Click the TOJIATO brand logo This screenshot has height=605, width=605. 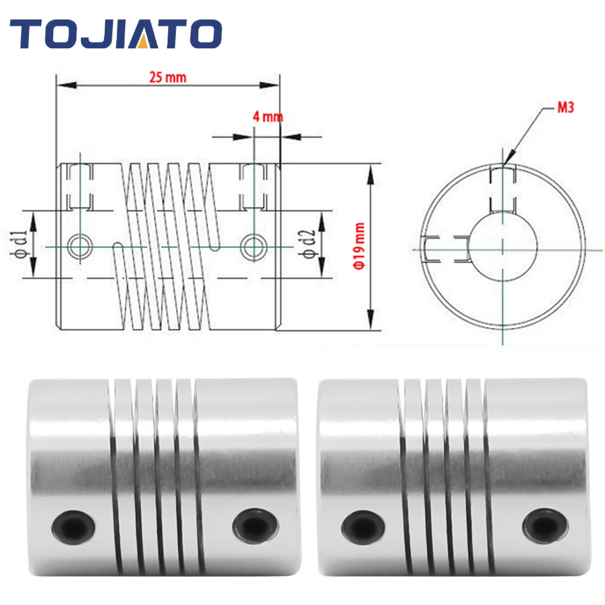click(x=116, y=33)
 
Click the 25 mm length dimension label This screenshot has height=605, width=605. click(x=168, y=77)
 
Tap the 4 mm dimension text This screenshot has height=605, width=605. click(x=268, y=117)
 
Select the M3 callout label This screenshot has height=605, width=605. click(x=566, y=107)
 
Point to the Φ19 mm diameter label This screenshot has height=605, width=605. click(x=359, y=246)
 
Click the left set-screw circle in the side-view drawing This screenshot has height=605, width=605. click(x=80, y=246)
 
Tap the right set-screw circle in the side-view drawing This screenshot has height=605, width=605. click(x=253, y=246)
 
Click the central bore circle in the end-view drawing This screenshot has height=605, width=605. click(x=470, y=247)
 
